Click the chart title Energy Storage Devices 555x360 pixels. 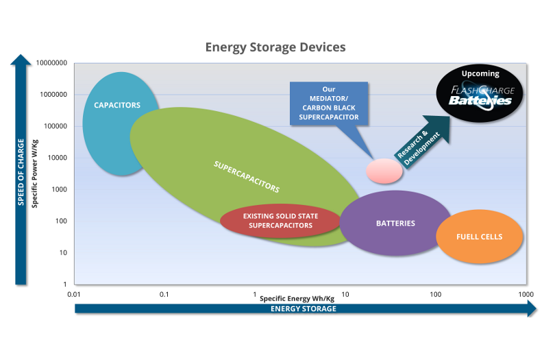point(275,47)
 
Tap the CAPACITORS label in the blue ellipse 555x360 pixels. point(117,105)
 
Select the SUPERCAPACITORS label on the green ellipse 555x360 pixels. point(247,176)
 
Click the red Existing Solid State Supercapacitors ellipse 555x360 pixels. point(280,220)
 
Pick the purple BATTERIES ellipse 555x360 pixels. point(395,224)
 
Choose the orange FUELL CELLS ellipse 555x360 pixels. point(480,237)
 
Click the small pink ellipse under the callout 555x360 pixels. point(384,171)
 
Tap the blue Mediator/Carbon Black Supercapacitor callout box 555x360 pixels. point(329,103)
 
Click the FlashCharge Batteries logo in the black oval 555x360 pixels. point(480,95)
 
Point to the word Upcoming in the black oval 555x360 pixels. point(480,73)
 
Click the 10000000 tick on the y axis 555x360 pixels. point(50,63)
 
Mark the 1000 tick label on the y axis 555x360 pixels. point(58,189)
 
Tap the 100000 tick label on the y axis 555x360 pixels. point(54,126)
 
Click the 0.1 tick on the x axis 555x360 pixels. point(164,294)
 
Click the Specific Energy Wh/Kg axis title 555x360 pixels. point(297,298)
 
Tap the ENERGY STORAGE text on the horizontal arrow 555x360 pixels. point(304,309)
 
